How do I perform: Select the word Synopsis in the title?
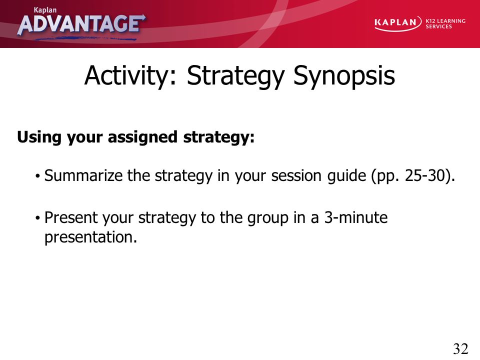click(x=344, y=76)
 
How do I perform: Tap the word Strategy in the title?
click(x=235, y=76)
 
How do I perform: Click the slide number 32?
click(x=460, y=348)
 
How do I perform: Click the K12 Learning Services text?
click(x=445, y=23)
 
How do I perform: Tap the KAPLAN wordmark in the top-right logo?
click(x=395, y=22)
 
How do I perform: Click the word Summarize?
click(x=83, y=175)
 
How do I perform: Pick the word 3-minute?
click(x=355, y=217)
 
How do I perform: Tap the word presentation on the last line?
click(x=90, y=237)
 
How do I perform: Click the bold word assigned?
click(x=142, y=137)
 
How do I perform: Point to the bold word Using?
click(x=39, y=137)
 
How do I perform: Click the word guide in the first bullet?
click(x=346, y=176)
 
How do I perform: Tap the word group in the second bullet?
click(x=267, y=218)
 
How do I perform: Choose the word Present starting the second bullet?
click(x=70, y=217)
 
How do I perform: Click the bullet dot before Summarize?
click(x=37, y=176)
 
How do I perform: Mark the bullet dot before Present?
click(x=37, y=218)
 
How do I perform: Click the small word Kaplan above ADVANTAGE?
click(x=45, y=10)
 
